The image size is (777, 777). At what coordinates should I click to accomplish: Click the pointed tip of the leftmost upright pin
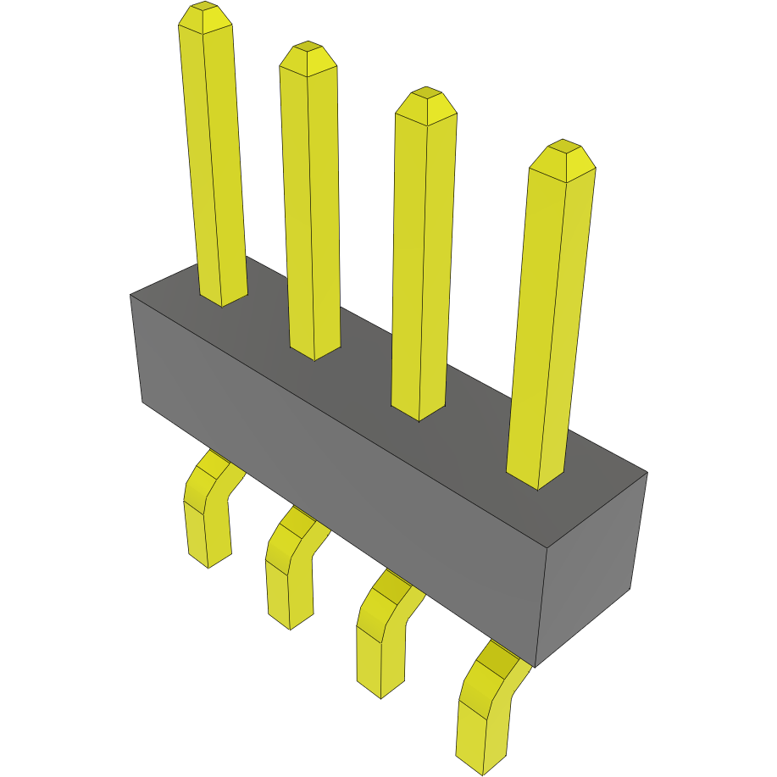pos(206,16)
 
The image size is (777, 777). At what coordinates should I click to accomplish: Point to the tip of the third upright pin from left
pos(426,103)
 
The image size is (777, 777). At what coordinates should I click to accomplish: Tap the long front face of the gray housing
pos(339,475)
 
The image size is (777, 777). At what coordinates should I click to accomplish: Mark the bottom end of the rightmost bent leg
pos(482,763)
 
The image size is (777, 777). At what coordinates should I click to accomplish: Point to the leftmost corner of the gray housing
pos(131,296)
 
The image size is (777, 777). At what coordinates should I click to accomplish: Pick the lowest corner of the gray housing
pos(536,666)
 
